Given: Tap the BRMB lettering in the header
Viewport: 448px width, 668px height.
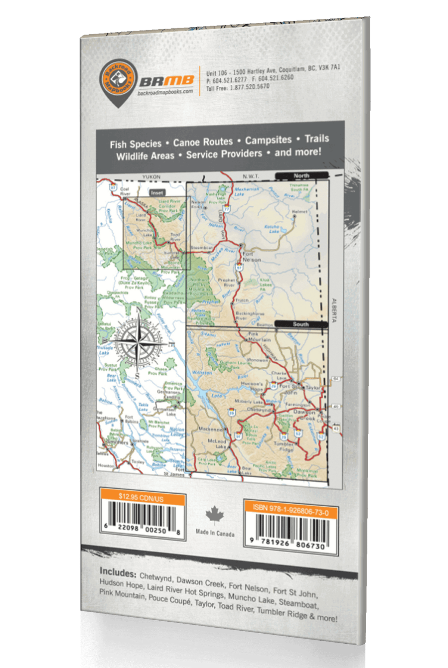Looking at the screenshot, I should click(167, 81).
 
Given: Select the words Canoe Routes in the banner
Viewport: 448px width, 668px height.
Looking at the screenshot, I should click(203, 142).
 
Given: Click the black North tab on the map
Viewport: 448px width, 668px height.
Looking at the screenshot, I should click(301, 175).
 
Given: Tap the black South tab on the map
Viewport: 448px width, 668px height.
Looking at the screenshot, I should click(301, 324).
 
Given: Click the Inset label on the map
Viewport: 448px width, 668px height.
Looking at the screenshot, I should click(157, 193).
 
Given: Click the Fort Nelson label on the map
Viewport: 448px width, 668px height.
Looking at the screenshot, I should click(251, 257).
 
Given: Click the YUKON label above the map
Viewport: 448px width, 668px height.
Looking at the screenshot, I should click(151, 177).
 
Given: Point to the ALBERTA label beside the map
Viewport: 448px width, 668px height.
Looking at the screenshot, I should click(334, 310).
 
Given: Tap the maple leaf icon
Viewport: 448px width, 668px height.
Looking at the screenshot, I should click(215, 516).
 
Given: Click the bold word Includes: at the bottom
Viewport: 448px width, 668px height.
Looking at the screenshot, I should click(118, 573).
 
